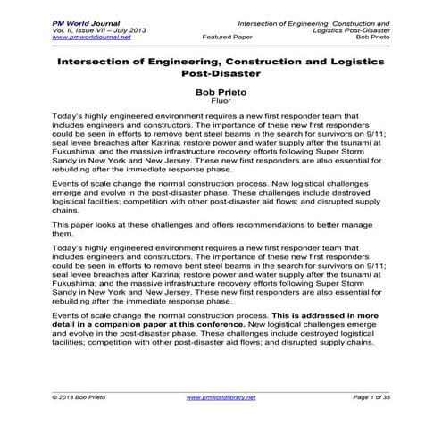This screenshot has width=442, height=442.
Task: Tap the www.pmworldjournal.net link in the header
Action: (87, 38)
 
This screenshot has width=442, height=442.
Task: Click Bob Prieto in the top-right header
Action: (375, 38)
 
